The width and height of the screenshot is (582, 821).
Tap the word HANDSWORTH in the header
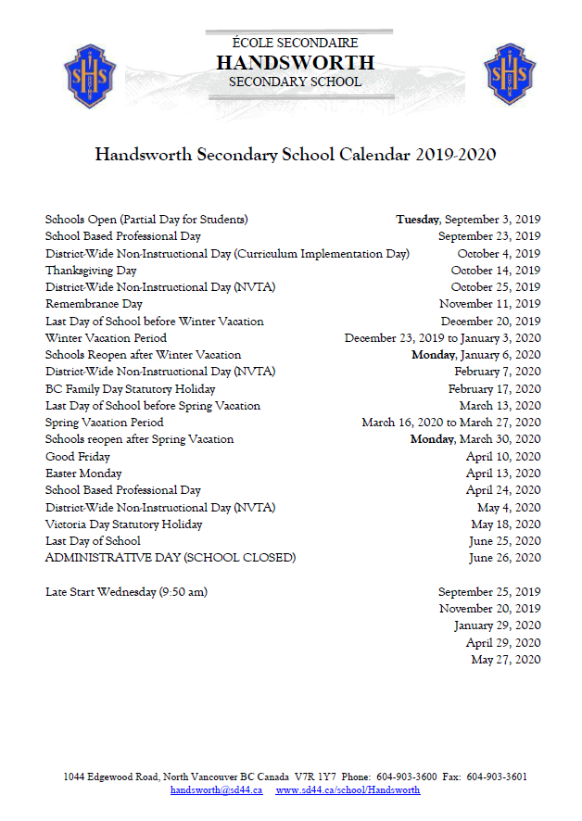point(295,63)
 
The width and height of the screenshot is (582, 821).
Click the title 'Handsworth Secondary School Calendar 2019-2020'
point(295,155)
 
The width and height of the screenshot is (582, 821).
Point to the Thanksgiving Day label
point(91,271)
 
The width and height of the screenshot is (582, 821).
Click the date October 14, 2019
point(496,271)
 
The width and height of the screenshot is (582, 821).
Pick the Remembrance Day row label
point(94,304)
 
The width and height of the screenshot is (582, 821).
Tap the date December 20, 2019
point(491,322)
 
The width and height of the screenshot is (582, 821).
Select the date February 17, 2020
point(494,389)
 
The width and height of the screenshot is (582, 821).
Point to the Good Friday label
point(78,457)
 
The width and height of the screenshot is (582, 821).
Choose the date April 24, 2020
point(503,490)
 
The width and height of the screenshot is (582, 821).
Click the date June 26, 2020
point(505,558)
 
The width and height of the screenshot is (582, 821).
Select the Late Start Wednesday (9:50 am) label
point(126,592)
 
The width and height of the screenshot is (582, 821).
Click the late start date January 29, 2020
point(498,625)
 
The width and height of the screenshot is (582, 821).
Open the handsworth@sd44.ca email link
point(216,790)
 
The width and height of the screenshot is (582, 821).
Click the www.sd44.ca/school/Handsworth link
point(348,790)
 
